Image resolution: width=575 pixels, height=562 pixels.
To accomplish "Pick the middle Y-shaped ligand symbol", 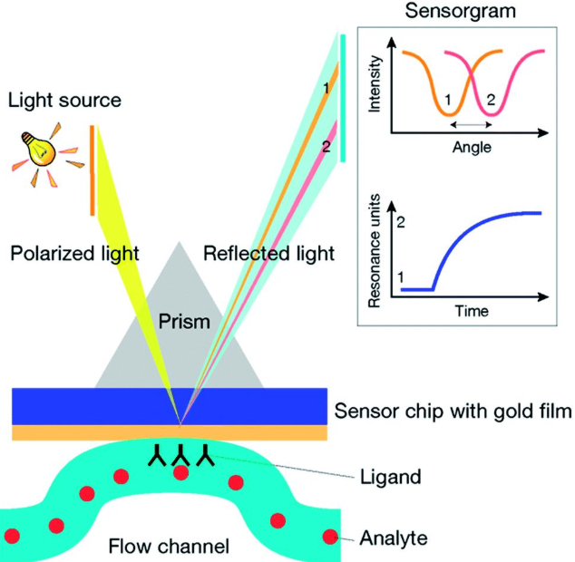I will tap(181, 454).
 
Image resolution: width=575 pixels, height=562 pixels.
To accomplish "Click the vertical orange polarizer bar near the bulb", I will tap(93, 171).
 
